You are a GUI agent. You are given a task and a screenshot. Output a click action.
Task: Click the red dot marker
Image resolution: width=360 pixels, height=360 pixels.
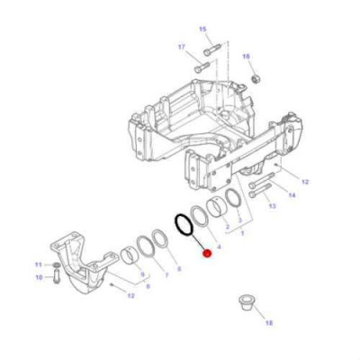208,254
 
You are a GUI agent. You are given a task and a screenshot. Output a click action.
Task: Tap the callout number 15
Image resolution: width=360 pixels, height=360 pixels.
202,30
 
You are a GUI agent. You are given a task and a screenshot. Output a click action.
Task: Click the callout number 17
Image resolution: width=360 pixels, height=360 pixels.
181,47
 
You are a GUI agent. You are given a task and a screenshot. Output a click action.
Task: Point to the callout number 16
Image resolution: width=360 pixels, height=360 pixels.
245,56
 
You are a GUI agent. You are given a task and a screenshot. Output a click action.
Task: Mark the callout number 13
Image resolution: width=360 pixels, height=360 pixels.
274,206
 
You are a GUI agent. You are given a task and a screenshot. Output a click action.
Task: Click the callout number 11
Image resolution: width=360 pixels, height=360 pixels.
39,264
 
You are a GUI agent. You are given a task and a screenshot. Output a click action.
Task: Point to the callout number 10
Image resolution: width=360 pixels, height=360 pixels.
39,277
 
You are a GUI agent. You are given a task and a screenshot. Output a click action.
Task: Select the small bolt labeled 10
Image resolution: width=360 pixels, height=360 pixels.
57,274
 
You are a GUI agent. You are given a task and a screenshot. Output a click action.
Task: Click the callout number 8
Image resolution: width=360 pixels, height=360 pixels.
148,286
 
